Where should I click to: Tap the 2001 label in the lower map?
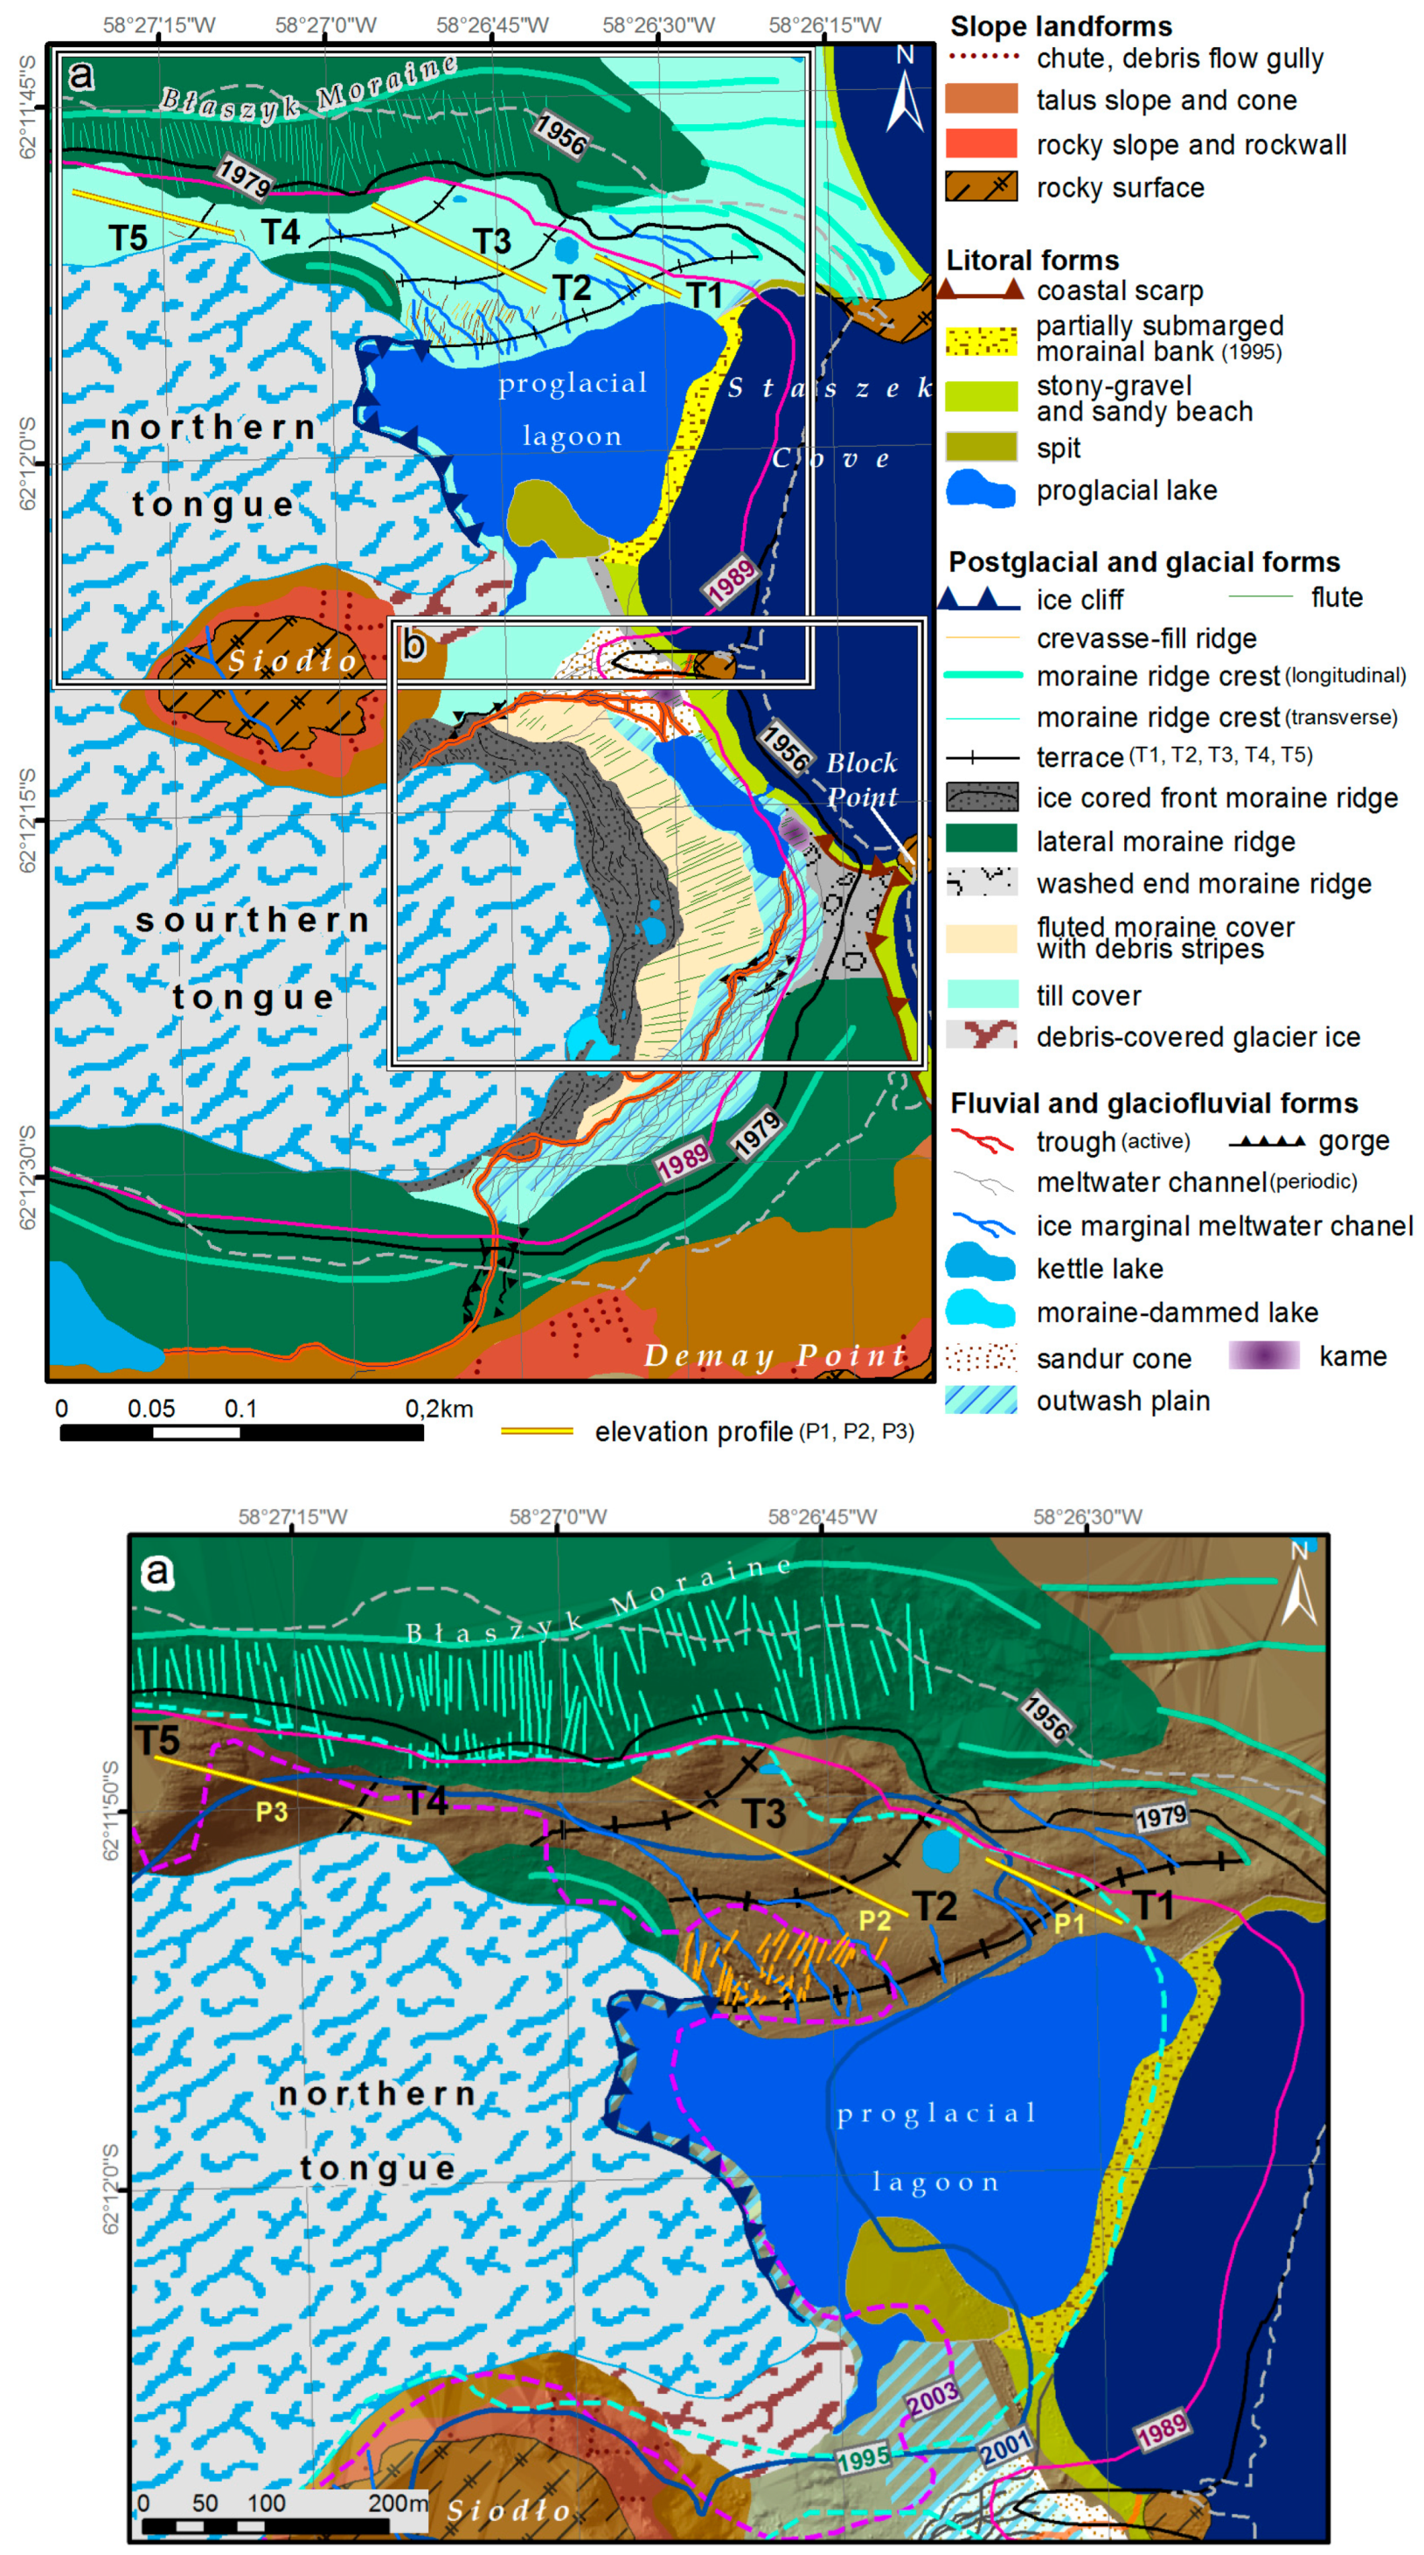point(1005,2447)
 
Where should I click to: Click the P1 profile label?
point(1068,1923)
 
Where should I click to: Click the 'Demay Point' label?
point(775,1354)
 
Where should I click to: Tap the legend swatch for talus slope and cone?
point(981,99)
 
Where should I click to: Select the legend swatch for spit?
point(981,448)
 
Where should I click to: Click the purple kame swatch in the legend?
point(1263,1356)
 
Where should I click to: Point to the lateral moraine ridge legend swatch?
point(981,840)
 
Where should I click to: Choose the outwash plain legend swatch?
point(981,1400)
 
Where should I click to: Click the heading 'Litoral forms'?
point(1032,260)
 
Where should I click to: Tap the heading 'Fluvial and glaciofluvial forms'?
point(1154,1103)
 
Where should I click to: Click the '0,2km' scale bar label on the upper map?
point(438,1409)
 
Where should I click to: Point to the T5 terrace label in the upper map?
point(128,238)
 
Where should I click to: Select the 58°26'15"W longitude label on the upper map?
point(824,24)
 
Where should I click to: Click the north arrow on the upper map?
point(905,94)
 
